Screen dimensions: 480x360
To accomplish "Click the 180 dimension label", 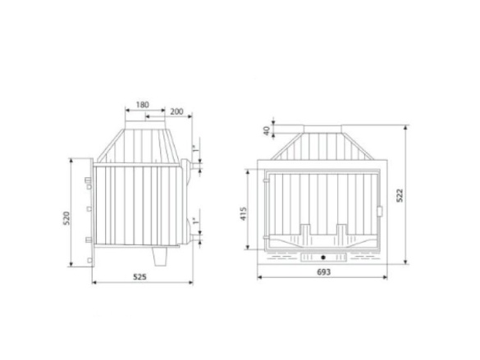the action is (x=142, y=105).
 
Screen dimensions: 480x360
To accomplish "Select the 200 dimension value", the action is (x=176, y=112).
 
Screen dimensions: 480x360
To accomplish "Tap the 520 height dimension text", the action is (x=66, y=218).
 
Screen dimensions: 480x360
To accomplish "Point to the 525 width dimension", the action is (x=139, y=277).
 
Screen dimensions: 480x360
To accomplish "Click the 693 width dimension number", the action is (x=323, y=272).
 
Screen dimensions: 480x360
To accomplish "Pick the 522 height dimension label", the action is (x=400, y=195).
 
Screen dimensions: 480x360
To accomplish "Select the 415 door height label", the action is (x=244, y=214).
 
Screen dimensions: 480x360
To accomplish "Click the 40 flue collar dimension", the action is (x=267, y=130).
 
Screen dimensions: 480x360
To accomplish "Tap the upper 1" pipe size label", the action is (x=194, y=148).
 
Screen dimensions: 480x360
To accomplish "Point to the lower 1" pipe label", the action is (x=194, y=221).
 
